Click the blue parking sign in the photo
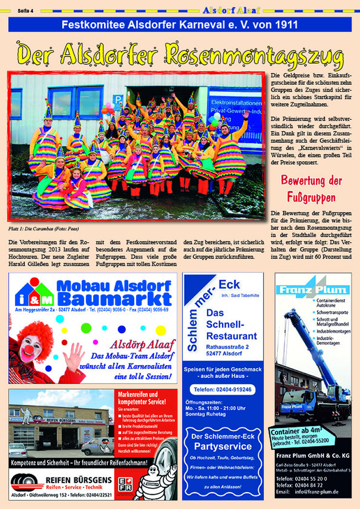click(x=117, y=100)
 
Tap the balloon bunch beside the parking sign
click(x=108, y=107)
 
